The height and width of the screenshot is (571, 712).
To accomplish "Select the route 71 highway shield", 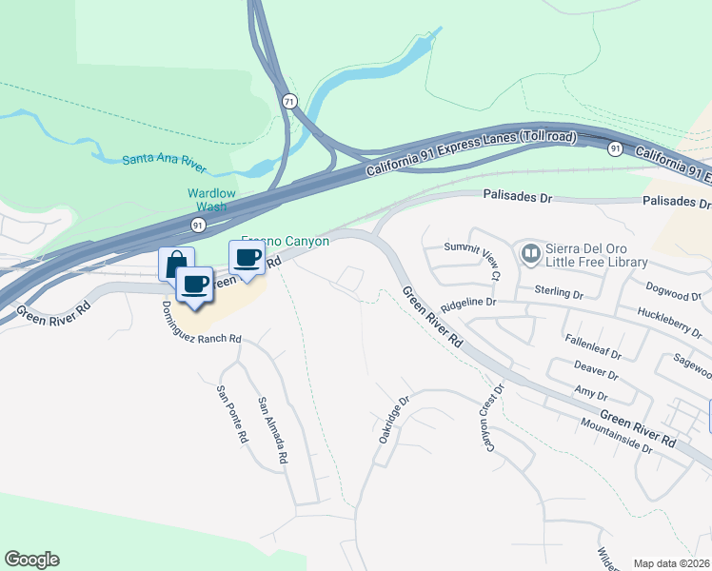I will click(289, 101).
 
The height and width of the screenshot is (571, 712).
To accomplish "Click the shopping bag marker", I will click(176, 263).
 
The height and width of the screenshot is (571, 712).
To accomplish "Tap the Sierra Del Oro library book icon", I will click(530, 254).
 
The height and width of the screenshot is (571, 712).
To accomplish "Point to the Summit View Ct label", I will click(473, 259).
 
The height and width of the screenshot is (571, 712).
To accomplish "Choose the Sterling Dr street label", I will click(558, 290).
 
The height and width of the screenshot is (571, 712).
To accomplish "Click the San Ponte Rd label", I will click(232, 415).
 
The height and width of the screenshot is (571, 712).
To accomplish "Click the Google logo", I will click(31, 560).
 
